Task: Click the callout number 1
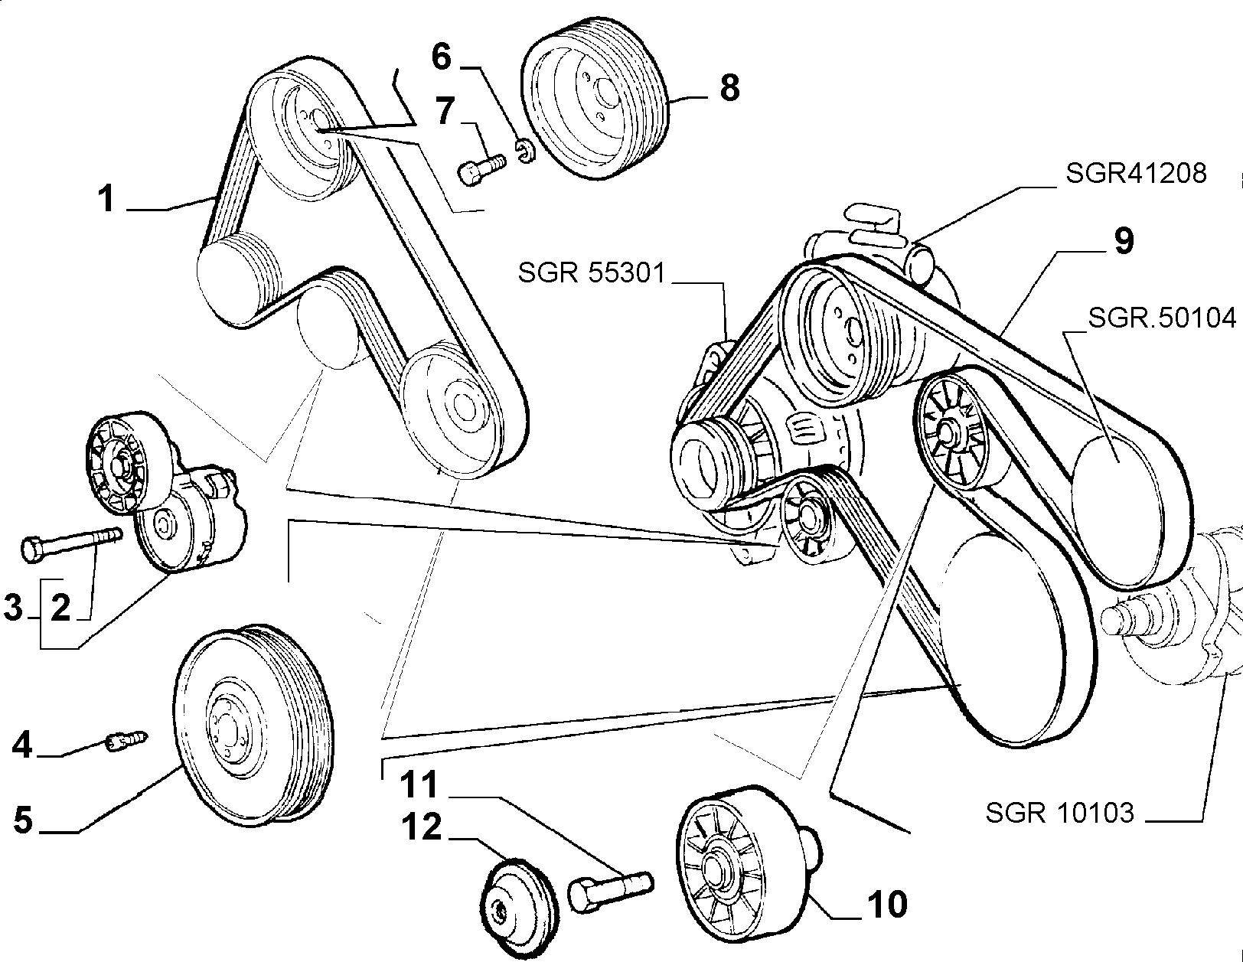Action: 106,200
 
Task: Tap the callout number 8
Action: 729,89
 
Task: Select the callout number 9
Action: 1124,241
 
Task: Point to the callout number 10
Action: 887,905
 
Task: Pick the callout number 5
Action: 24,820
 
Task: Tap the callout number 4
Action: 22,745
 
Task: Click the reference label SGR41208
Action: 1136,173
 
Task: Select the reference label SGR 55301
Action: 592,272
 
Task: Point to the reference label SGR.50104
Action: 1162,318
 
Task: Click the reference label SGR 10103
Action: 1059,812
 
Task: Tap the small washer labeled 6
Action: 527,152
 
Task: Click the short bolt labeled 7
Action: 482,168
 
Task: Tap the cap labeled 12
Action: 518,905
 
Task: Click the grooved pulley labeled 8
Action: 595,101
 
